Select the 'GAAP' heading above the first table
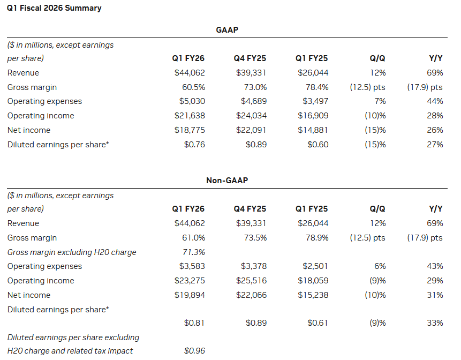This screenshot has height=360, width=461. tap(227, 30)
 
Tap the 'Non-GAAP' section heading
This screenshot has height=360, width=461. tap(227, 181)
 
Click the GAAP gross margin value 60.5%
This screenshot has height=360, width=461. tap(193, 87)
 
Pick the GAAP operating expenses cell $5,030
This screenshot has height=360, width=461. tap(192, 101)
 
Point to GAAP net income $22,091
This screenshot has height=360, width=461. tap(251, 130)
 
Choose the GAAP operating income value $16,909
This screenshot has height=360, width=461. tap(313, 116)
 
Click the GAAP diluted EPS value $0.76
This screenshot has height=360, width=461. tap(194, 145)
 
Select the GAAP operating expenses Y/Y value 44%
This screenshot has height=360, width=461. tap(435, 101)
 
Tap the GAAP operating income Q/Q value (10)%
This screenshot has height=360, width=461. tap(374, 116)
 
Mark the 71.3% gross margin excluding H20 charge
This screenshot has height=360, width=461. tap(193, 252)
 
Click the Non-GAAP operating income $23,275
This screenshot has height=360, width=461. tap(190, 281)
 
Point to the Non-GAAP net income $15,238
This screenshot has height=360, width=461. tap(313, 295)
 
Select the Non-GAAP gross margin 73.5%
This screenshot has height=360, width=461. tap(255, 237)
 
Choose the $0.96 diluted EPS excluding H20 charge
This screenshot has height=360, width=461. tap(194, 351)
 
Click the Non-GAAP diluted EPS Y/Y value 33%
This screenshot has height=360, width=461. tap(435, 322)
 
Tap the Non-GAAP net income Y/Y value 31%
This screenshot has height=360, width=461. tap(435, 295)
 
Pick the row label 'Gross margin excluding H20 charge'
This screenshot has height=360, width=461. tap(72, 252)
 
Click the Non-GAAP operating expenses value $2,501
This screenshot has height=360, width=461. tap(315, 266)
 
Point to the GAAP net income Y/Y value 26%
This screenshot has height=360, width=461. tap(435, 130)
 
